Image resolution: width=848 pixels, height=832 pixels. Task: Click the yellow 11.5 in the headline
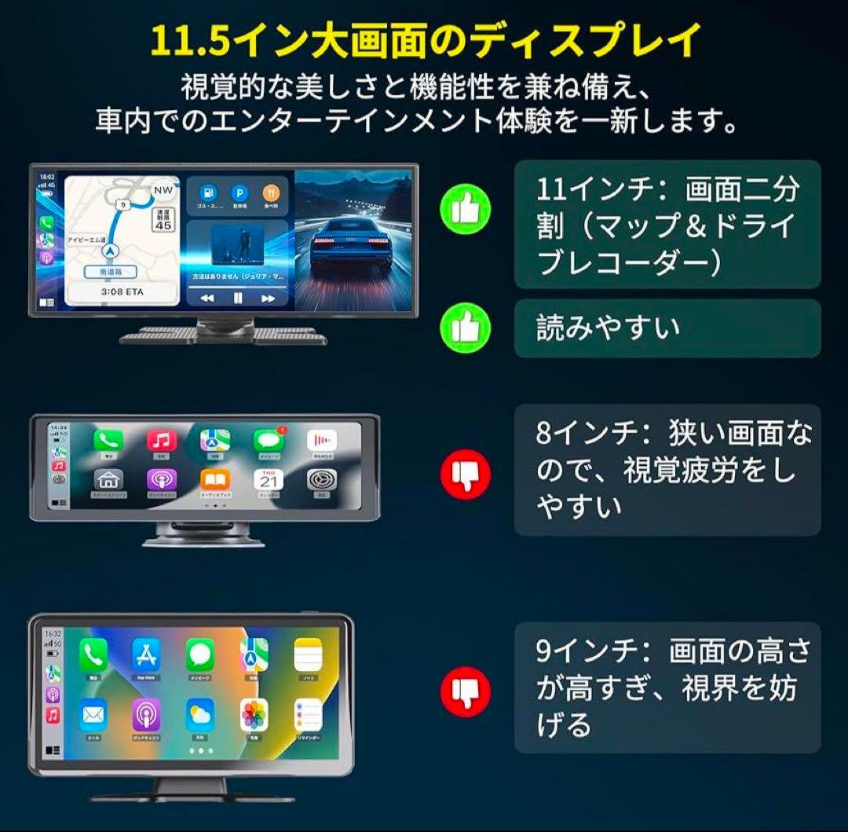point(189,42)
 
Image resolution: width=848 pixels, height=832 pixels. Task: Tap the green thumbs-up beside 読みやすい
point(466,327)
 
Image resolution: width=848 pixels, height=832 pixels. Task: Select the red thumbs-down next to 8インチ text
point(466,474)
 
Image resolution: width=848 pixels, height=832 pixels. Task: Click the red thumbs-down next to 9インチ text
point(466,692)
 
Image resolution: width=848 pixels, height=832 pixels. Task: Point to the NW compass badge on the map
point(163,189)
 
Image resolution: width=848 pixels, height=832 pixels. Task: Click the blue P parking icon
point(238,192)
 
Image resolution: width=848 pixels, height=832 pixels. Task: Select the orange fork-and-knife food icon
point(271,192)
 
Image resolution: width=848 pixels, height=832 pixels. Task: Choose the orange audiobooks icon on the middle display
point(214,479)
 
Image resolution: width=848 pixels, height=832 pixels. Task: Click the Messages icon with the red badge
point(268,441)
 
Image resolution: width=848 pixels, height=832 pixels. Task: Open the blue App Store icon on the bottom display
point(146,654)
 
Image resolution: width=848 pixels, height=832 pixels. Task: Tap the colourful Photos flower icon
point(254,714)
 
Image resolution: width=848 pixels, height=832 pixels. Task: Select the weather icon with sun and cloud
point(200,714)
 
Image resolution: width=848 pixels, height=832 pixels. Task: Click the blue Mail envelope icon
point(93,714)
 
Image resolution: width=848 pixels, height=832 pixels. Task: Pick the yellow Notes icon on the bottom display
point(308,654)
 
